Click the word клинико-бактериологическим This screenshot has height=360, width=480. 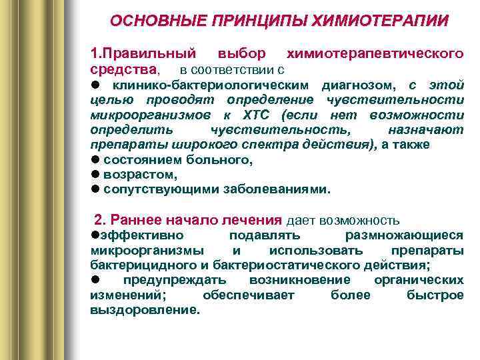(x=211, y=85)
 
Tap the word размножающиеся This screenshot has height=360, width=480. (x=404, y=236)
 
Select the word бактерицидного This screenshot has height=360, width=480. (x=140, y=265)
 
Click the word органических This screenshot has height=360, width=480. (x=419, y=281)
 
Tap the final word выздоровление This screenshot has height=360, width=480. (x=144, y=310)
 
